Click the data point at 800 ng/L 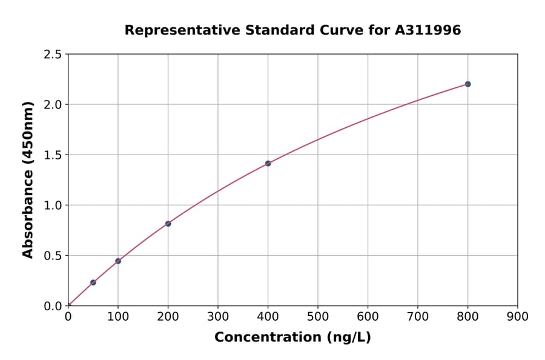point(467,84)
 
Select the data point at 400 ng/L point(268,164)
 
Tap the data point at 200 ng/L point(168,224)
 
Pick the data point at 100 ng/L point(118,261)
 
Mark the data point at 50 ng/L point(93,282)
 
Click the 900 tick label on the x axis point(518,316)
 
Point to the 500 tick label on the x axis point(318,316)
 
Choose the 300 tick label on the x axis point(218,316)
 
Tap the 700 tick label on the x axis point(418,316)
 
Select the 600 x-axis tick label point(368,316)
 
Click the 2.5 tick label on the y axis point(53,55)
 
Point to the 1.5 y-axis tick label point(53,155)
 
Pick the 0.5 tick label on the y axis point(53,256)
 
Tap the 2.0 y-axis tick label point(53,105)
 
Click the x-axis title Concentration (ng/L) point(292,337)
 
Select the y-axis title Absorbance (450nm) point(28,179)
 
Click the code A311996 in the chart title point(428,30)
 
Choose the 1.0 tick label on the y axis point(53,205)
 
